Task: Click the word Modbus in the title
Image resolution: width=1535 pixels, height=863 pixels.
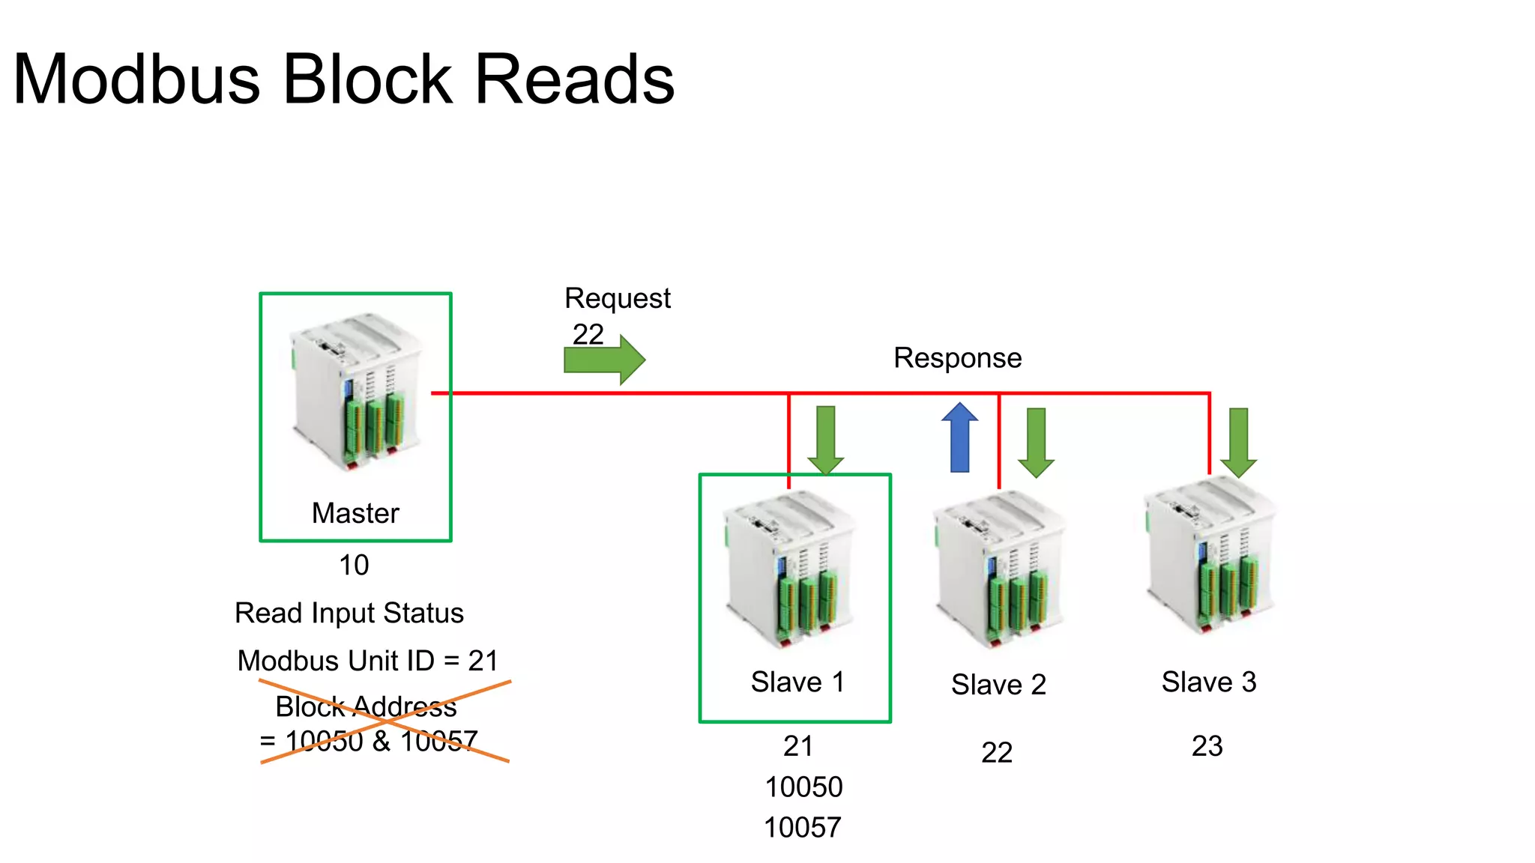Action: point(136,79)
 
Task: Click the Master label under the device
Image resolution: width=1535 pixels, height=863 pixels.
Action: point(355,513)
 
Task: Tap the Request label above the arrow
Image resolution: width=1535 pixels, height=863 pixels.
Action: point(618,298)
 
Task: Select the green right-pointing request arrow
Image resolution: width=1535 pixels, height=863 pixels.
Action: point(604,360)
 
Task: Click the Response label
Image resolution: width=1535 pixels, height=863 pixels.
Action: point(957,358)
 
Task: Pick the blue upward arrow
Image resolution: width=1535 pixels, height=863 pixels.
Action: point(960,438)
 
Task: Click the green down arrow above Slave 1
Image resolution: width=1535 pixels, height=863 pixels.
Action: point(826,440)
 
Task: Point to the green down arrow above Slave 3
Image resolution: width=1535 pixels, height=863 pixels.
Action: point(1238,442)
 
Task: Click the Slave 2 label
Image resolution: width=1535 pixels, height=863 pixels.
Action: point(998,685)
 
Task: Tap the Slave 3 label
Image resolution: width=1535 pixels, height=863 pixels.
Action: point(1208,682)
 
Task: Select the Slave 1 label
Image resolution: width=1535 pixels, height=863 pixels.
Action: point(797,682)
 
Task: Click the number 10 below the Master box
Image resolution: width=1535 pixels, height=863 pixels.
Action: point(354,566)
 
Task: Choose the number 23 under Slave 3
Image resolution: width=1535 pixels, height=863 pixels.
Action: point(1207,747)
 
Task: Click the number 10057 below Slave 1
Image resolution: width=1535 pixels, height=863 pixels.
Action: point(802,828)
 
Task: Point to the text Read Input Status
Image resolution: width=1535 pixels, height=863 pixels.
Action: point(349,614)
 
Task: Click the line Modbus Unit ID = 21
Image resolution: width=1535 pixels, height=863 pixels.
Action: point(367,661)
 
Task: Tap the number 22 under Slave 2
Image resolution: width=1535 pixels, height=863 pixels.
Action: point(997,753)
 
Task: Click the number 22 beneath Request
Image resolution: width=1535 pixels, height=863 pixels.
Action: point(588,334)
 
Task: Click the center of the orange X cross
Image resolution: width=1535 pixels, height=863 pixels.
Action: point(384,721)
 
